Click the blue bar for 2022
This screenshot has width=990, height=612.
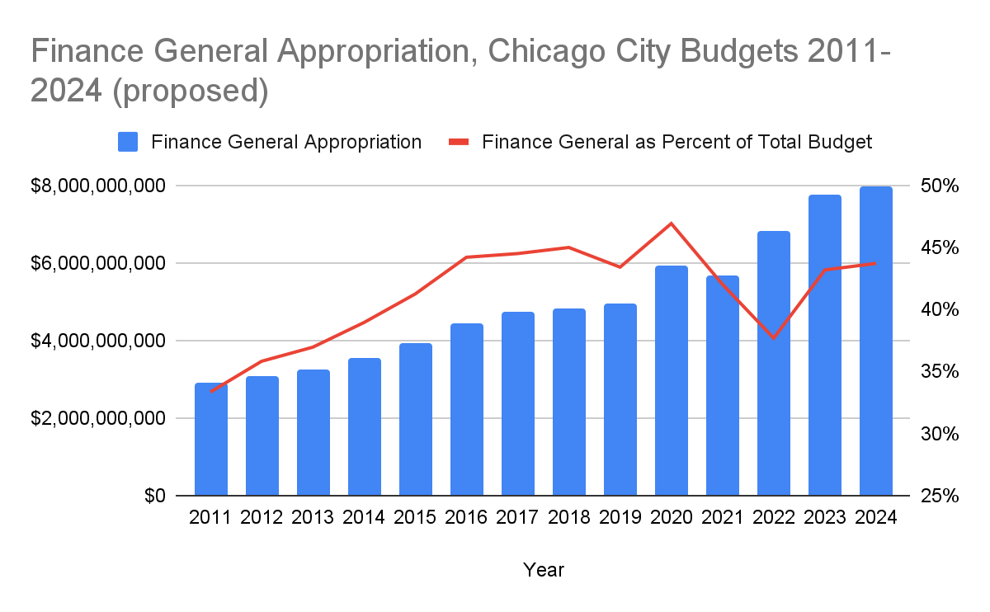(x=774, y=364)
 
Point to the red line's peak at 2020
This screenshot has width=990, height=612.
(x=672, y=224)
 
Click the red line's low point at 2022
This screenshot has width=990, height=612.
(x=774, y=338)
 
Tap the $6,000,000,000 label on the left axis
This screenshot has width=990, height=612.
(x=98, y=264)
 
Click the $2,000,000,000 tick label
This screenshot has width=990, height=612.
(x=98, y=419)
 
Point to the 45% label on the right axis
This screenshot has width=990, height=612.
(x=940, y=248)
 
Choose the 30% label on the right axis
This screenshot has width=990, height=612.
(x=940, y=435)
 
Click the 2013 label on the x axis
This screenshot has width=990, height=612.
(x=313, y=518)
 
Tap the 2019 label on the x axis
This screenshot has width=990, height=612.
(x=620, y=518)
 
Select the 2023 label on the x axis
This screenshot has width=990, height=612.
(x=825, y=518)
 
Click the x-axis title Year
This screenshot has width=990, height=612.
(x=544, y=570)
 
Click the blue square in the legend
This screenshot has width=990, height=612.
(x=129, y=142)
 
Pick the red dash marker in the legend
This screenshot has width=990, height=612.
(x=459, y=142)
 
